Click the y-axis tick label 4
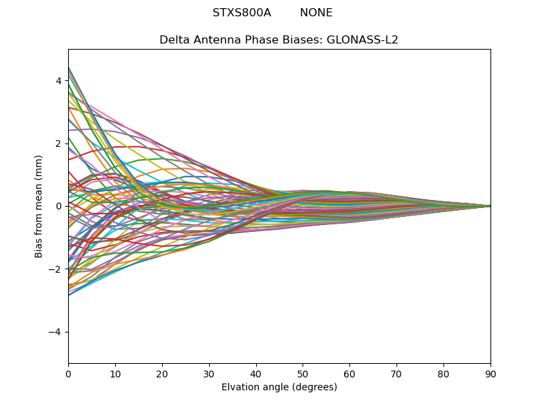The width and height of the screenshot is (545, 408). tap(59, 81)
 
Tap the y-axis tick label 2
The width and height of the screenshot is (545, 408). tap(59, 143)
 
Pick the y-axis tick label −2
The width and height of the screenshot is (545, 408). tap(56, 269)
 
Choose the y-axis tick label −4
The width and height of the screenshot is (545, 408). tap(56, 332)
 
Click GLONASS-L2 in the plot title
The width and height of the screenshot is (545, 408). tap(365, 40)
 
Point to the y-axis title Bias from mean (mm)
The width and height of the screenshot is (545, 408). tap(40, 206)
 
